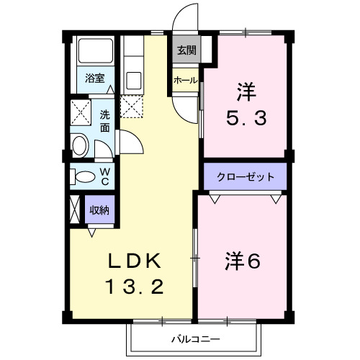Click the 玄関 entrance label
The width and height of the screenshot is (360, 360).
point(186,50)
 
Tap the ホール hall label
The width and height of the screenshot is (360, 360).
point(186,81)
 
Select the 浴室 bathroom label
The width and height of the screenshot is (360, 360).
point(94,78)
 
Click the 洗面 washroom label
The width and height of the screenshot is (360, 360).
point(105,120)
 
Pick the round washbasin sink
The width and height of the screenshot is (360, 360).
point(79,148)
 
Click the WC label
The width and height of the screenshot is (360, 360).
point(105,175)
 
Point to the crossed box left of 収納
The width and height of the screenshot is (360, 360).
point(75,211)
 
